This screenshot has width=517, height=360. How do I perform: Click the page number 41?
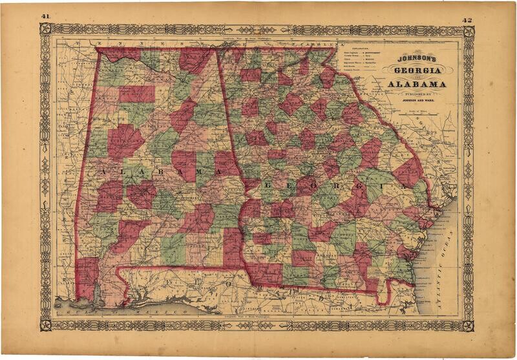tap(45, 16)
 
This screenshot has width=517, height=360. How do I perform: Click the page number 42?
tap(468, 19)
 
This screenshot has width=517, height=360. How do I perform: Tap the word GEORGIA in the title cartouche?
tap(415, 70)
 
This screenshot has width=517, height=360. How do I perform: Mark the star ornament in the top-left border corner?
tap(45, 29)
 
